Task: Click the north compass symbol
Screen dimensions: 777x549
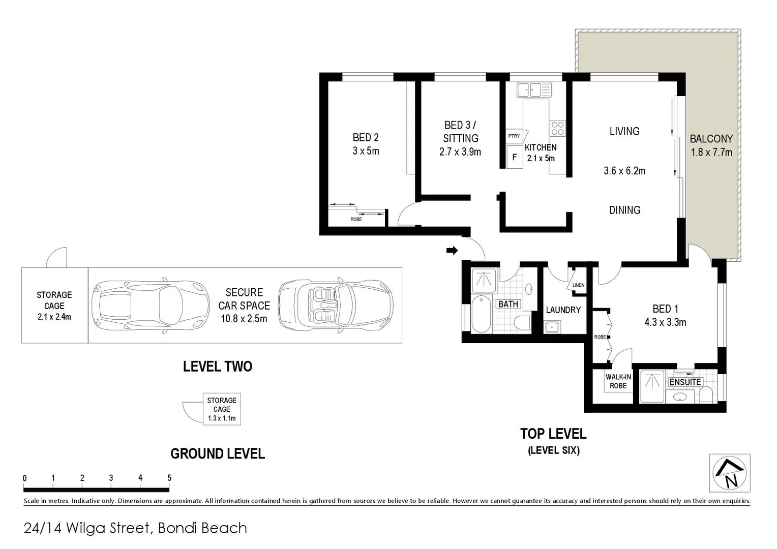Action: tap(729, 473)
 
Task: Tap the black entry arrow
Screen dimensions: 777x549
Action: tap(452, 250)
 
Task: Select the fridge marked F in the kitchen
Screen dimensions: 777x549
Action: tap(515, 157)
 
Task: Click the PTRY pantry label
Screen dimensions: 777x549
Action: tap(514, 136)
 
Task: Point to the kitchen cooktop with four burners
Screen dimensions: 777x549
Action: tap(557, 128)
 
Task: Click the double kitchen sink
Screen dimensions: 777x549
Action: tap(534, 90)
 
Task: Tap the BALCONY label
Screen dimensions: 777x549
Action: tap(711, 139)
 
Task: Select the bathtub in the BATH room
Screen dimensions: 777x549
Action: tap(481, 314)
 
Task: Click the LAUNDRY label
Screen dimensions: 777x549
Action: tap(563, 310)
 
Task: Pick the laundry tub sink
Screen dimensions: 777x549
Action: tap(552, 327)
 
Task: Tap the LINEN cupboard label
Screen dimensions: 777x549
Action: tap(578, 285)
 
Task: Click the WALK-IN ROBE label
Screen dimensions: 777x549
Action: tap(618, 381)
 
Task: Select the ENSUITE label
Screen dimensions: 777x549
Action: tap(685, 382)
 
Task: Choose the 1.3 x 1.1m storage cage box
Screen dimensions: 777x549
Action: tap(222, 409)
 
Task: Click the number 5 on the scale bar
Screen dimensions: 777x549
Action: tap(169, 478)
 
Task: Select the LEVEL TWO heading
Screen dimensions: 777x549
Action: tap(218, 366)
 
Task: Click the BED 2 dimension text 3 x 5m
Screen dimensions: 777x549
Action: tap(366, 151)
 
